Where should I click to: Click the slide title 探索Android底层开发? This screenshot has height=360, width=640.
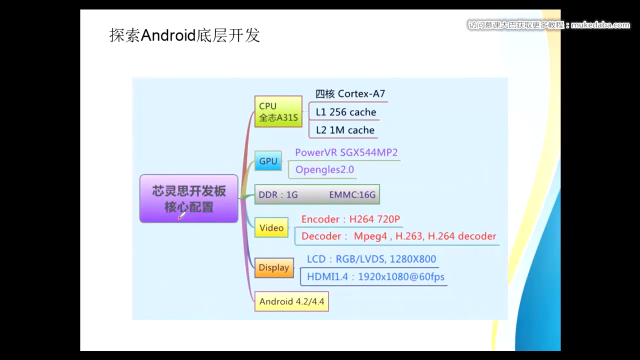pos(184,35)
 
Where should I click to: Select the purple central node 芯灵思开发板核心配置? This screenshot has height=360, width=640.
pos(189,198)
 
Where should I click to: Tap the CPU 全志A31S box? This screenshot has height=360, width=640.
pos(278,111)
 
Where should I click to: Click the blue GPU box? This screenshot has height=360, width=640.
pos(268,161)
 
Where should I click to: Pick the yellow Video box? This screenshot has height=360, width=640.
pos(271,227)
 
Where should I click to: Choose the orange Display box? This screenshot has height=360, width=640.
pos(273,267)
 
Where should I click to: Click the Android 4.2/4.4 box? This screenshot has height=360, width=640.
pos(291,301)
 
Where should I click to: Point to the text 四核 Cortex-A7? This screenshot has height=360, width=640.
pos(350,94)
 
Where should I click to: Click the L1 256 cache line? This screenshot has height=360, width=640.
pos(345,112)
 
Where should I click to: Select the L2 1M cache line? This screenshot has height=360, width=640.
pos(345,130)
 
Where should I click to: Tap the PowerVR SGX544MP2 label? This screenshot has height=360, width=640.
pos(346,152)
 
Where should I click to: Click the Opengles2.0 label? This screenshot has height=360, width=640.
pos(324,169)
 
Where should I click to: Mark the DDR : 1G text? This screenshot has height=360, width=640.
pos(278,194)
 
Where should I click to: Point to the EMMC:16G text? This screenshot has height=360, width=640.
pos(352,194)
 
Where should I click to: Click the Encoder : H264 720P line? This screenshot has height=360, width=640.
pos(350,219)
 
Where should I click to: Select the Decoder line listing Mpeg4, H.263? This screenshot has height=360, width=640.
pos(398,236)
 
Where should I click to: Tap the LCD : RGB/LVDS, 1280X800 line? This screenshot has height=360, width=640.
pos(371,259)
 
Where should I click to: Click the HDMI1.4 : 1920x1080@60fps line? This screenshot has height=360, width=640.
pos(375,276)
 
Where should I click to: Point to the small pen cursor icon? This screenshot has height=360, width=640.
pos(181,215)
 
